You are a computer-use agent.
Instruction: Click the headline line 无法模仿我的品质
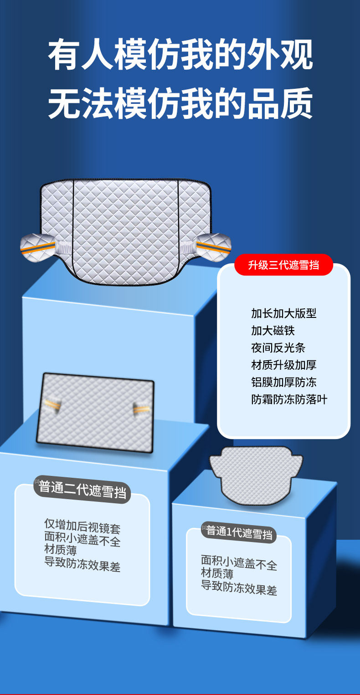180,103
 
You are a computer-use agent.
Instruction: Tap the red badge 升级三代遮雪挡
283,265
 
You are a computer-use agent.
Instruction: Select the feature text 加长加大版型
283,313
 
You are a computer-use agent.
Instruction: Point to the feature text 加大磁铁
270,331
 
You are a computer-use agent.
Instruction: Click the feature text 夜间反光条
278,348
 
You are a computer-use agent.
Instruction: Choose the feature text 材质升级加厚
283,365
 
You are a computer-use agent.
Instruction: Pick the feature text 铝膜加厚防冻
283,382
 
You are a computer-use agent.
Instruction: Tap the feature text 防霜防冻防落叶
289,399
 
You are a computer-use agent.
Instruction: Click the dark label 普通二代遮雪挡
82,490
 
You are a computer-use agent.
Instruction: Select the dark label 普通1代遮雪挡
239,532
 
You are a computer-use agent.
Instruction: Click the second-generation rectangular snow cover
95,413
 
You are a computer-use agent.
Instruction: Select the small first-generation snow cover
256,474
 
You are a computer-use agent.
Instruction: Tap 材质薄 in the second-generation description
60,550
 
